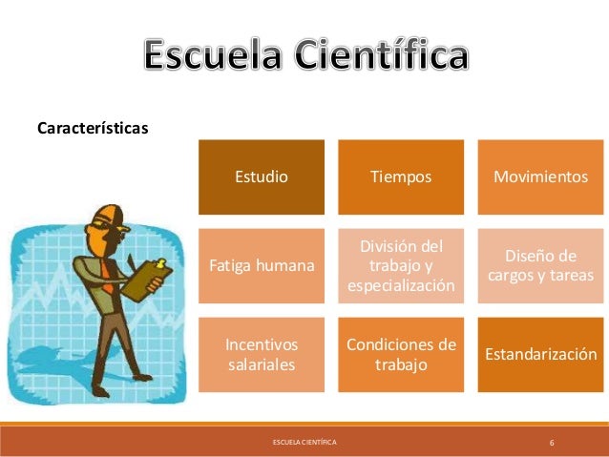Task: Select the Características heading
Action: [x=92, y=127]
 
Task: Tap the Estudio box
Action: [x=262, y=177]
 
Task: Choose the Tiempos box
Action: [x=401, y=177]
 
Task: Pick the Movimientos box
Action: [x=539, y=177]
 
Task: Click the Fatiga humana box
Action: [x=262, y=265]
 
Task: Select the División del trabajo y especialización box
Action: [x=401, y=265]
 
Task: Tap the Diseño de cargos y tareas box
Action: [x=539, y=265]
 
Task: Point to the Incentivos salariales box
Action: [x=262, y=354]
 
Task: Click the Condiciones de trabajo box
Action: [x=401, y=354]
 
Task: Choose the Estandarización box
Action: [x=539, y=354]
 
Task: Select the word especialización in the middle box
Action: [x=401, y=285]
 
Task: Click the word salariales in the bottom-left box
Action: [x=262, y=364]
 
